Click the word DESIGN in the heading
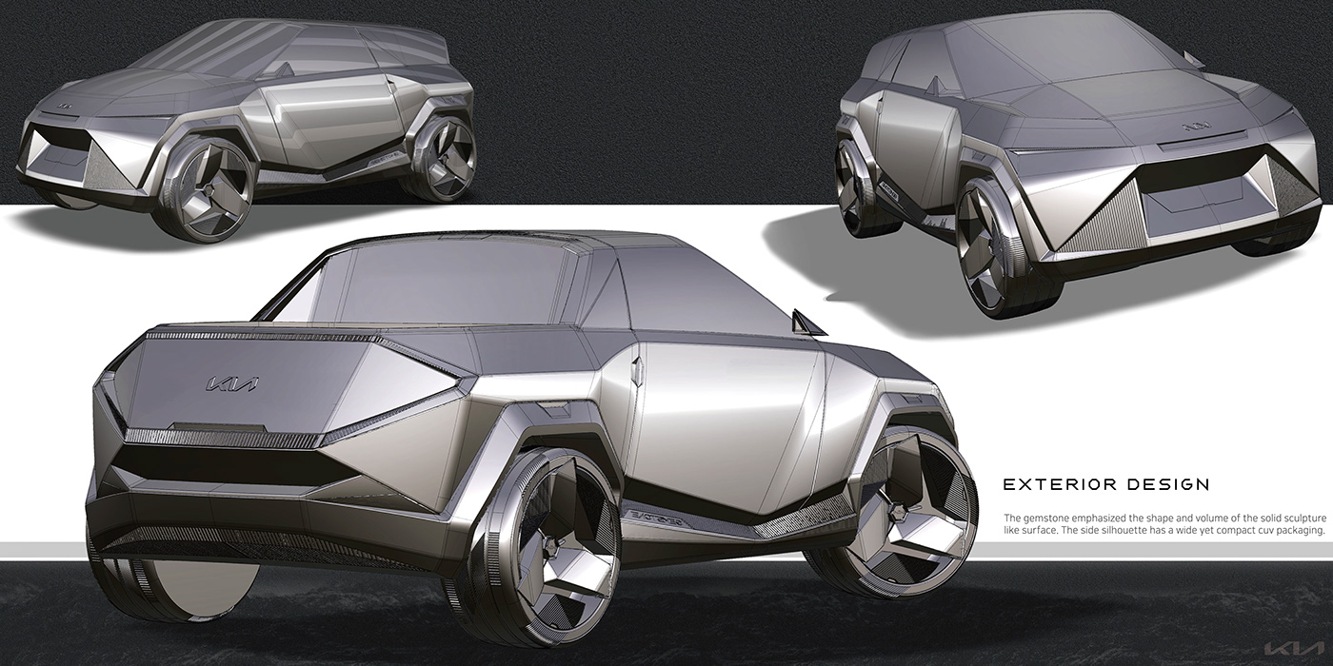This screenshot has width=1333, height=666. click(1161, 484)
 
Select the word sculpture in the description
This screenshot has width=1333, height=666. click(1298, 518)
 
